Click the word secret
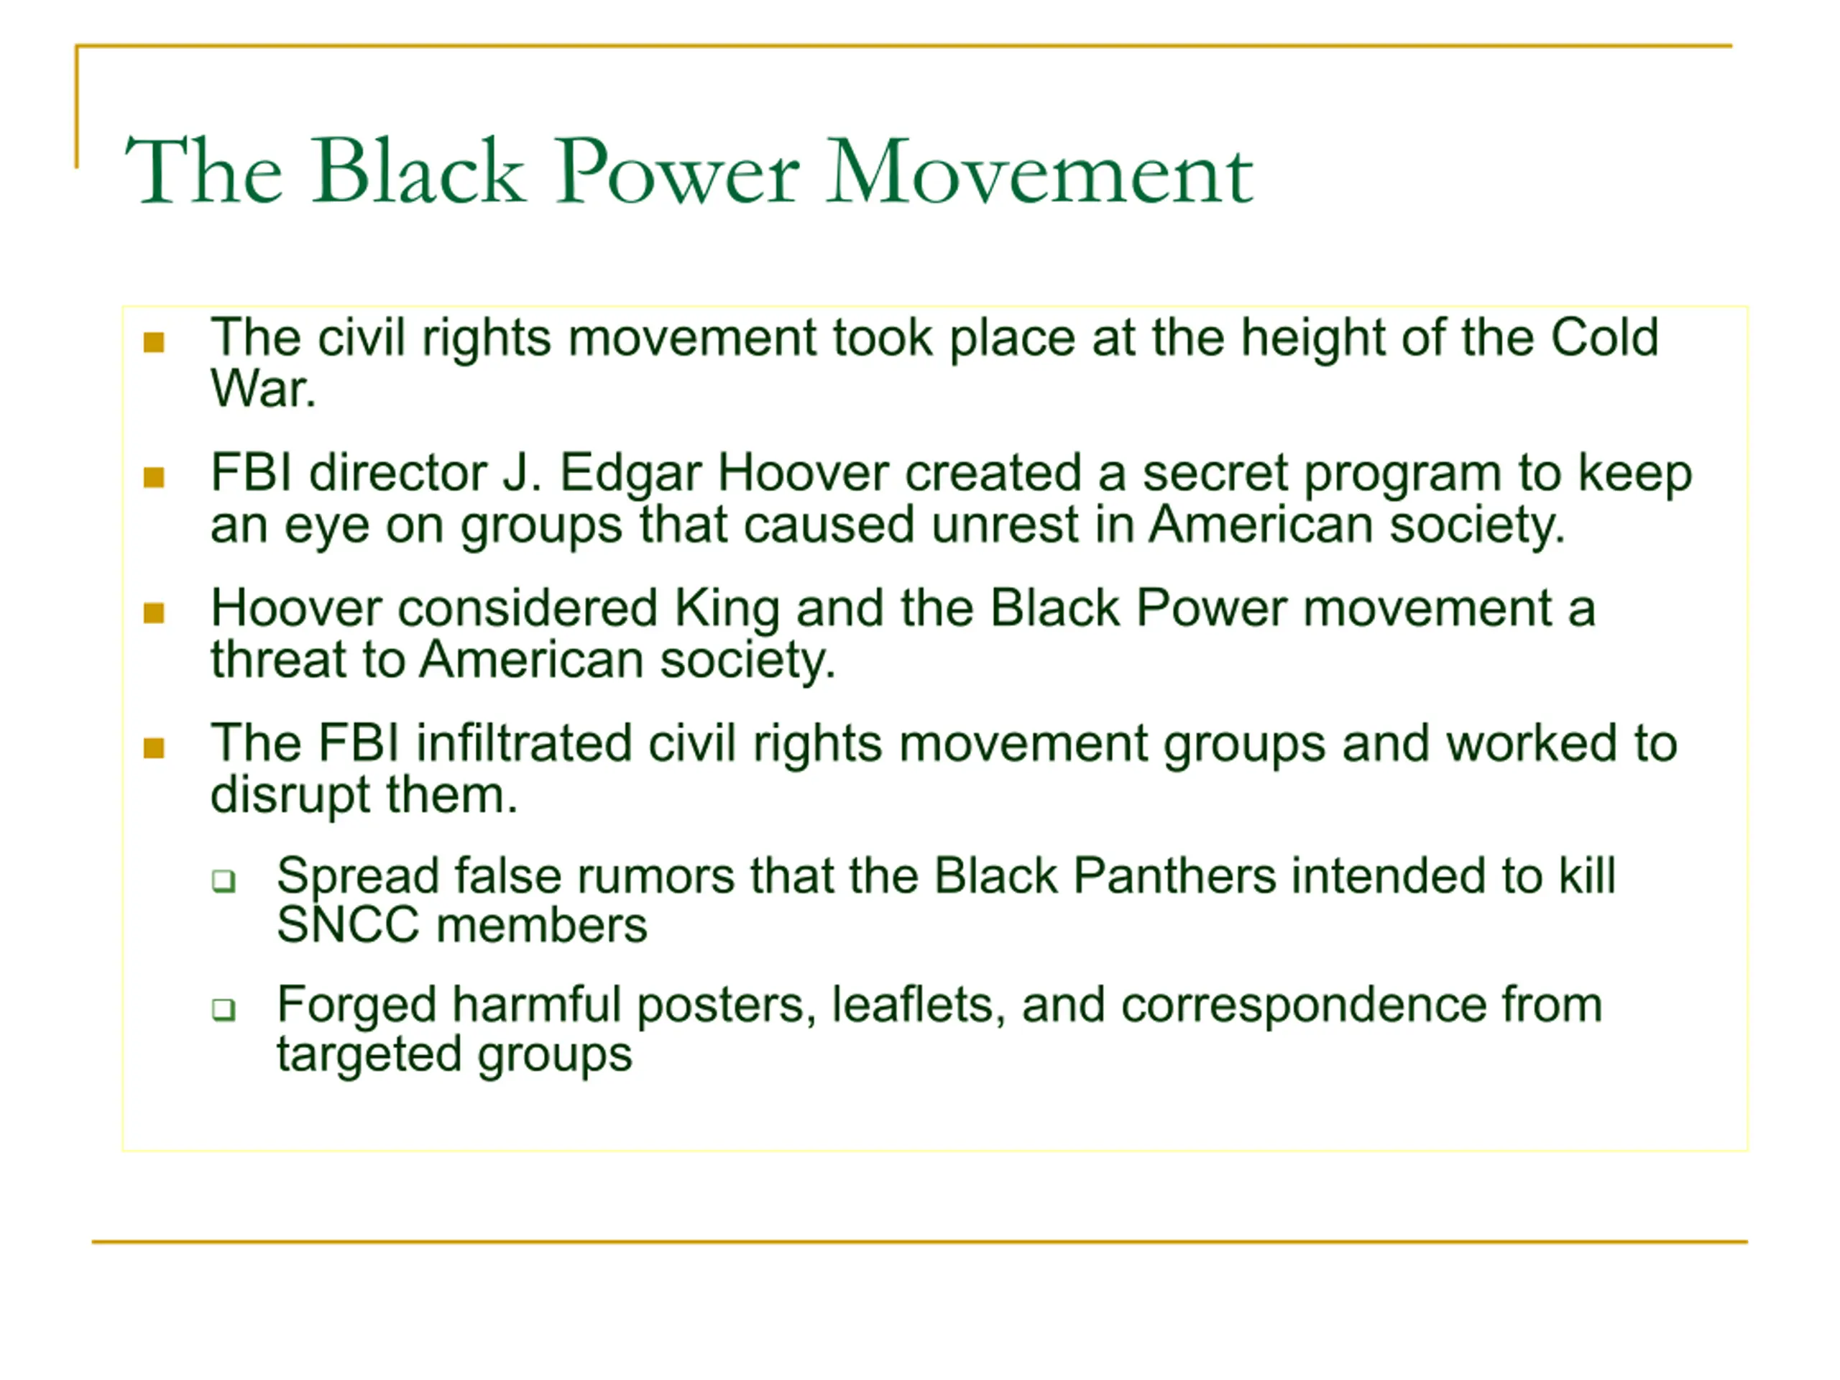[x=1215, y=474]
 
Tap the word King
[x=726, y=609]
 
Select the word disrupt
[x=290, y=797]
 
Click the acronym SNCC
[x=348, y=926]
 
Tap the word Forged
[x=356, y=1006]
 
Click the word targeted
[x=369, y=1057]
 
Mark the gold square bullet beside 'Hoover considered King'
[x=154, y=613]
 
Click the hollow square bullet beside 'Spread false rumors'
[x=224, y=880]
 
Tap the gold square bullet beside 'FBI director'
[x=154, y=477]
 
